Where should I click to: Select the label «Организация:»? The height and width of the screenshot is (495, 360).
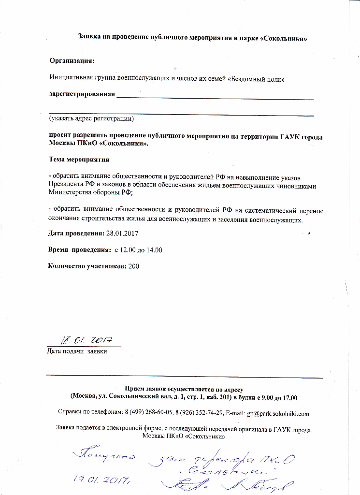coord(72,60)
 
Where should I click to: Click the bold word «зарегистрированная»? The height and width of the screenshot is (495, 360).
coord(82,94)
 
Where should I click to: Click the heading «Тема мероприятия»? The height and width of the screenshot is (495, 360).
coord(80,159)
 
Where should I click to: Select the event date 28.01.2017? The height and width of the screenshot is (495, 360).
coord(121,233)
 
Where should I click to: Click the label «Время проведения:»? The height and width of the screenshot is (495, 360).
coord(80,250)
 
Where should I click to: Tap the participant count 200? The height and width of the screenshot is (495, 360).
coord(134,266)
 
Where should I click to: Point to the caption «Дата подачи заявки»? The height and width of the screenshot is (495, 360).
coord(76,351)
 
